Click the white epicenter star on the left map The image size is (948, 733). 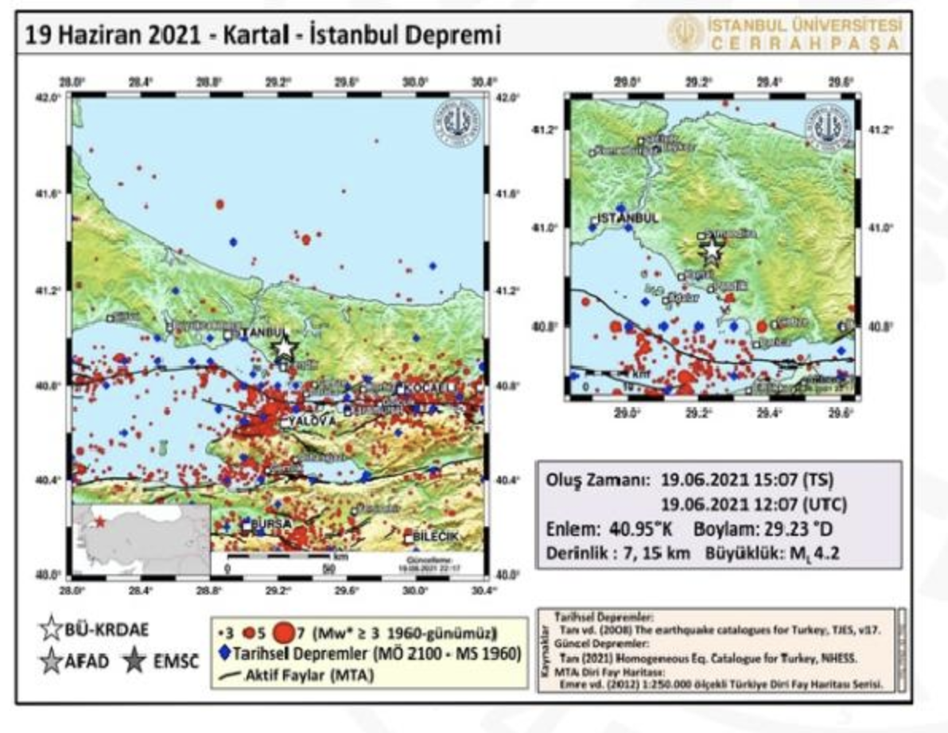point(285,347)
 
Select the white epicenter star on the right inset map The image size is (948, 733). point(712,250)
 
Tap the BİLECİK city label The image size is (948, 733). point(437,537)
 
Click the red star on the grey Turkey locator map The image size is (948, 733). point(101,522)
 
